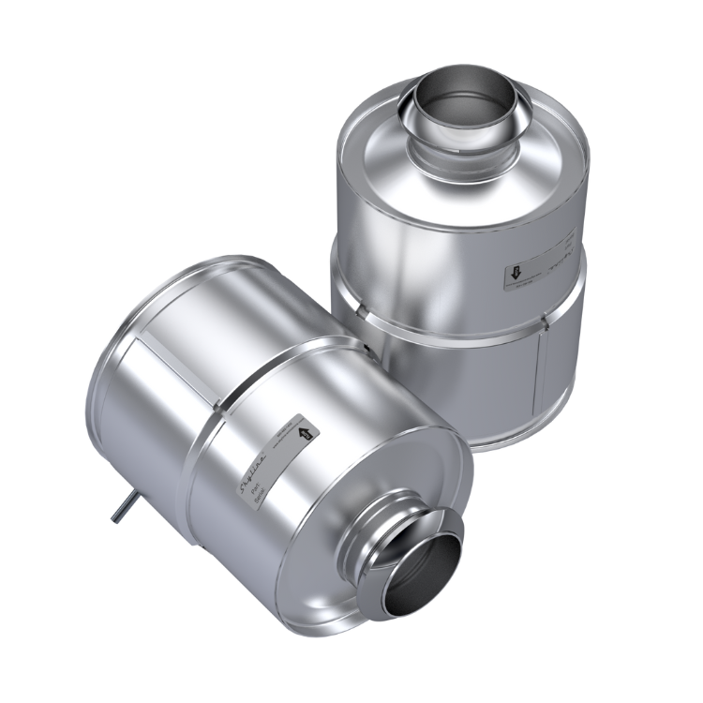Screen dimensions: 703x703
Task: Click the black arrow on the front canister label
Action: [x=302, y=434]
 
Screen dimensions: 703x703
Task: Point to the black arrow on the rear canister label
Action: [x=516, y=275]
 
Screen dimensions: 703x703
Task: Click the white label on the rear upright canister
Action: [x=544, y=265]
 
